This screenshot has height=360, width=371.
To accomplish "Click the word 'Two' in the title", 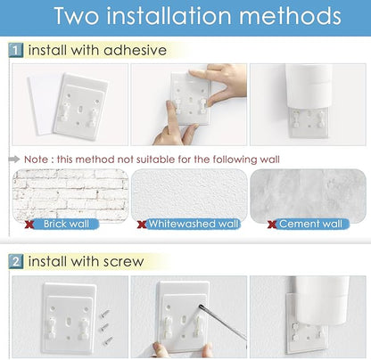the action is coord(77,16).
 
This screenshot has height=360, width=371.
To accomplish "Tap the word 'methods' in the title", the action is coord(290,16).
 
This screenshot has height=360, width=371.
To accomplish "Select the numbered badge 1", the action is coord(16,50).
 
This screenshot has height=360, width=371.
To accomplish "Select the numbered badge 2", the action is coord(16,261).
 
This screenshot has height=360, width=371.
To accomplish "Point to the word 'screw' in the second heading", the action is coord(123,262).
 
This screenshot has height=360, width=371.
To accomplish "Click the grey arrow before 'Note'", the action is coord(14,160).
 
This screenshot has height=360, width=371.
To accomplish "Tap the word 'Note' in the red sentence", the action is coord(36,160).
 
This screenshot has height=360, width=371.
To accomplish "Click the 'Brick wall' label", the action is coord(66,224).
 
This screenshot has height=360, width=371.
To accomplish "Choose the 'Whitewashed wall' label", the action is coord(194,224).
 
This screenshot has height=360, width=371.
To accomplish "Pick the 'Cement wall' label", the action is coord(310,224).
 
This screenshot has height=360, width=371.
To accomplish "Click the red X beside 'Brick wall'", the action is coord(29,225).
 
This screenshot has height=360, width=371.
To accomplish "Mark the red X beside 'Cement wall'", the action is coord(272,225).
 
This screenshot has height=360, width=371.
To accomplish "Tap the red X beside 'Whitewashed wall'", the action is coord(142,225).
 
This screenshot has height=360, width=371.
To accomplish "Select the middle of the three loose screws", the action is coord(104,327).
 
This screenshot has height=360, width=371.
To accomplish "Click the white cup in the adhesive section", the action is coord(309,86).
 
